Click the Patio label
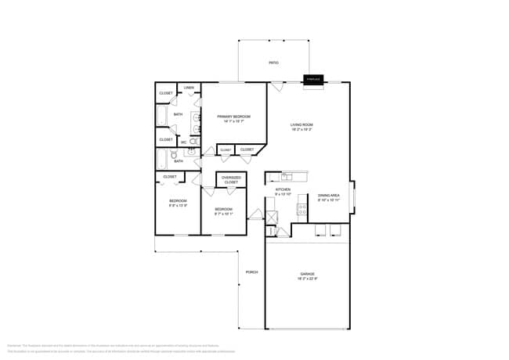click(273, 63)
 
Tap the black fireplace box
click(314, 79)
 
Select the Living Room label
click(302, 127)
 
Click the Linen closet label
click(190, 88)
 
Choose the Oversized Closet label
click(231, 180)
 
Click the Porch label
click(251, 272)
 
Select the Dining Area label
click(329, 197)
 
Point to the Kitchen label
click(283, 191)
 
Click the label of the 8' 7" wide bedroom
click(224, 211)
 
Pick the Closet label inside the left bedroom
click(170, 177)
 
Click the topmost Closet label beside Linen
click(166, 93)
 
